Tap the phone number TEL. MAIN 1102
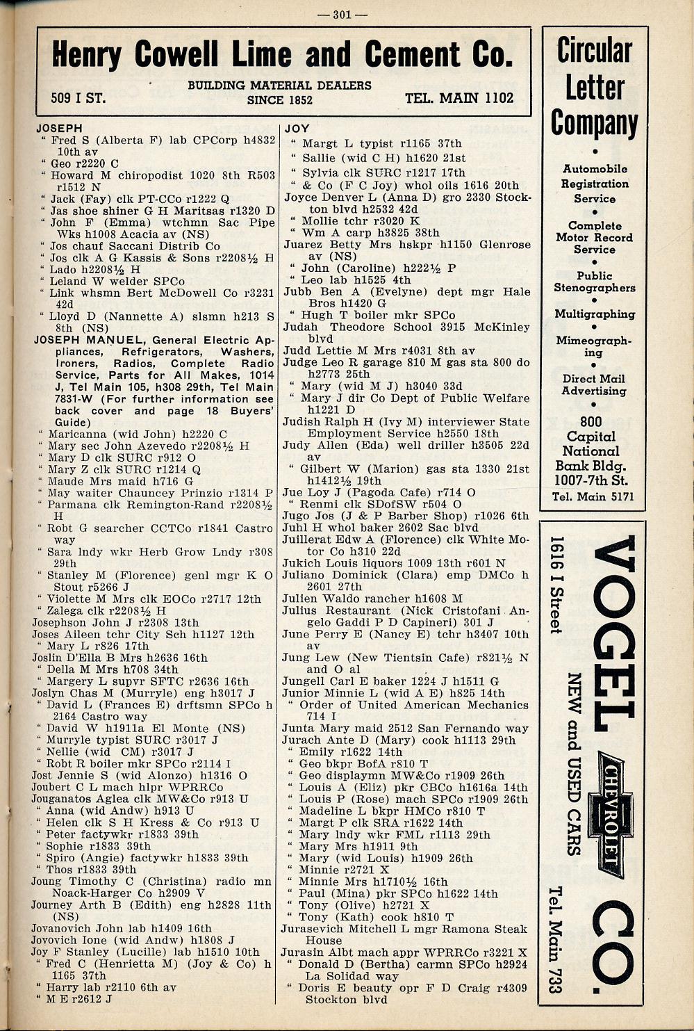459,98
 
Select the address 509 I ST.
79,98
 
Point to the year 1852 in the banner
299,99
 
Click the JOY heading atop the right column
297,129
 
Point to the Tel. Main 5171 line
593,496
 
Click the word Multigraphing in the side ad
595,314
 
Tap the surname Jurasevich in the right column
317,929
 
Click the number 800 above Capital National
592,421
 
